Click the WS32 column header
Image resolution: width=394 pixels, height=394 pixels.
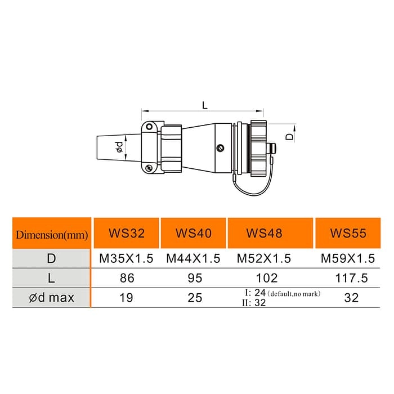pos(127,233)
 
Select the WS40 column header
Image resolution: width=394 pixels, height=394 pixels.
pos(194,233)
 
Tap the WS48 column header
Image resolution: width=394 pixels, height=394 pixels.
pos(264,233)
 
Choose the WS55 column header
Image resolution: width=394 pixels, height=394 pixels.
pos(348,233)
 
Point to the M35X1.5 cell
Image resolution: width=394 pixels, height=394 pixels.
pos(127,259)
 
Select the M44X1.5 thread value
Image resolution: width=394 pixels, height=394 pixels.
pos(194,259)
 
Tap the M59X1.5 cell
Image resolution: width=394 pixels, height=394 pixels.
pos(348,259)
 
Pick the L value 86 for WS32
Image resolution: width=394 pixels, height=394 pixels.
pos(127,278)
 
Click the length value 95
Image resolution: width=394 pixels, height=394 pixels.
pos(194,278)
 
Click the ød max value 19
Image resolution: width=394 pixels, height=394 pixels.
pos(127,298)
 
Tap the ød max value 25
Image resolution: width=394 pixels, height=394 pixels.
pos(194,298)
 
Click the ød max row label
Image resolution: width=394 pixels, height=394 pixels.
pos(52,298)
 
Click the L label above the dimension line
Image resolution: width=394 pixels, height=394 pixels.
pos(204,104)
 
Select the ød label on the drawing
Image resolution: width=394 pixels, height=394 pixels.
pos(120,147)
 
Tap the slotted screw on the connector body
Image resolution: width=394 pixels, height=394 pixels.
pos(220,148)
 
